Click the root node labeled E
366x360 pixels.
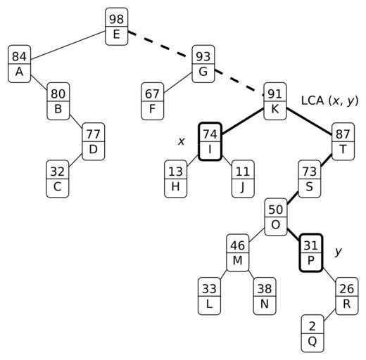point(117,27)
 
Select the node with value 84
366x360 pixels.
point(20,64)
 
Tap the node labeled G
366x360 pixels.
point(203,64)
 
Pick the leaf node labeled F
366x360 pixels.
point(152,101)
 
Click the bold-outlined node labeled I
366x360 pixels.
point(210,141)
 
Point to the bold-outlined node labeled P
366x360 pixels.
point(311,253)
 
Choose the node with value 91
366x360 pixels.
point(275,101)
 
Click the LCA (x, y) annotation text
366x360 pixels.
point(329,101)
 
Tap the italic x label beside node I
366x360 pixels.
point(181,141)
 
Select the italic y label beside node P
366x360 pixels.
point(339,252)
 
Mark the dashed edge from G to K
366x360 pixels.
point(239,82)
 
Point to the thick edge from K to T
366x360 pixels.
point(309,122)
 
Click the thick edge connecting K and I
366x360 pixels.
point(243,122)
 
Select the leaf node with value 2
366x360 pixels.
point(313,333)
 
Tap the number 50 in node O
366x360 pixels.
point(276,210)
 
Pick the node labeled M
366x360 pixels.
point(238,253)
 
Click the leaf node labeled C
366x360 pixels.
point(58,179)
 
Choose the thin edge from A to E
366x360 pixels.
point(68,45)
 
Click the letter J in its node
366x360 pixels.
point(243,187)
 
